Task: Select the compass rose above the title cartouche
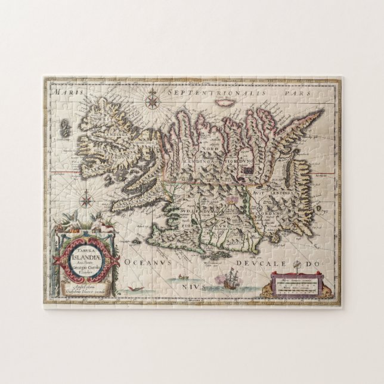click(87, 195)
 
